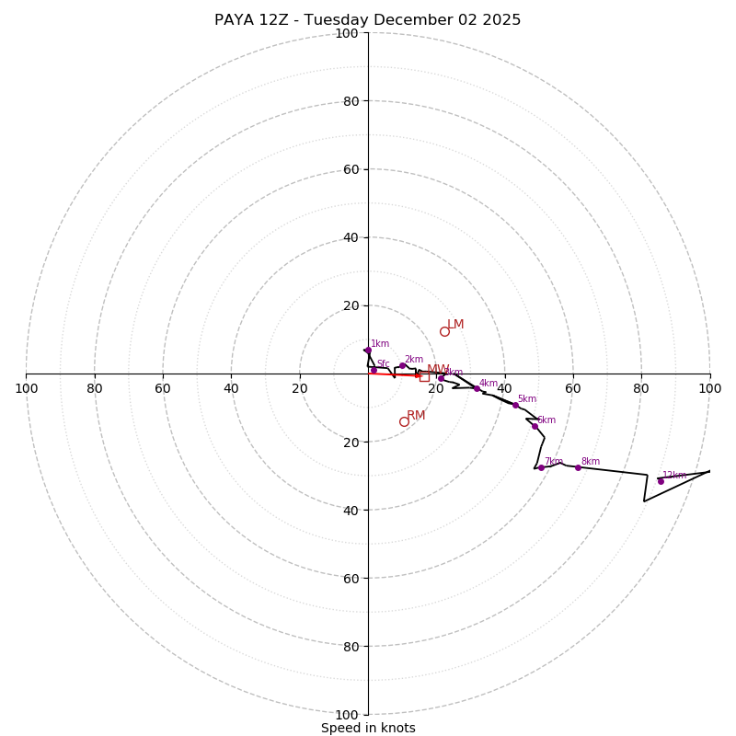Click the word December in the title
click(415, 20)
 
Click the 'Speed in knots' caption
click(368, 728)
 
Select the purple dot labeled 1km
click(367, 351)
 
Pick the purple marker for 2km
click(402, 365)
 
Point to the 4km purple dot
click(477, 388)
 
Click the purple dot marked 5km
click(515, 405)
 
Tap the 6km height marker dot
click(535, 426)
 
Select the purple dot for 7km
click(541, 467)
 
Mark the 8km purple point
click(578, 467)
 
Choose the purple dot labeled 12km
click(661, 481)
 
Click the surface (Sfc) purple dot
click(374, 370)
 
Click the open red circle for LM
click(444, 331)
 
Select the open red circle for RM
click(404, 421)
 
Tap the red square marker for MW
click(424, 376)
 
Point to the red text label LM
click(455, 325)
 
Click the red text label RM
click(416, 416)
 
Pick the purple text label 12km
click(674, 476)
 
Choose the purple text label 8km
click(590, 462)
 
